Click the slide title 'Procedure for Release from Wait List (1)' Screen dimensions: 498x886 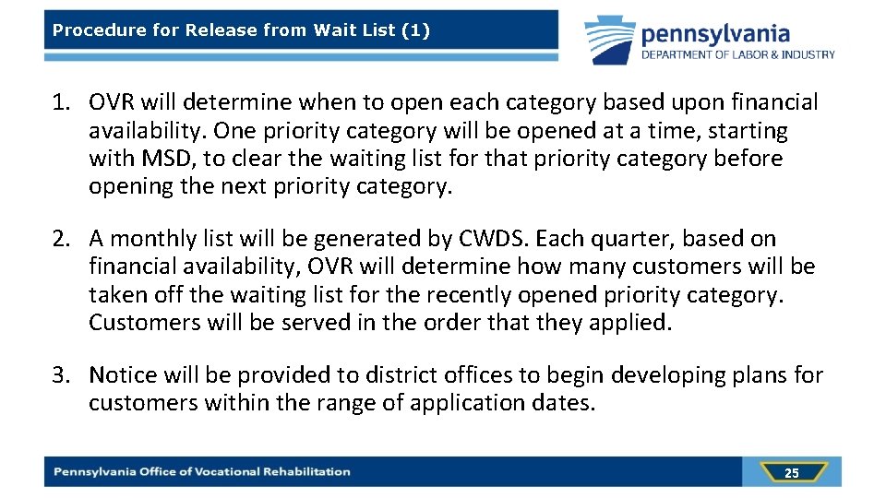pos(241,30)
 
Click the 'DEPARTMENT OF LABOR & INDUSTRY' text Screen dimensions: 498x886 pos(738,54)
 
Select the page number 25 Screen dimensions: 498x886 pos(791,473)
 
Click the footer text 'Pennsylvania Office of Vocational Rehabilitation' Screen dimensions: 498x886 pos(202,472)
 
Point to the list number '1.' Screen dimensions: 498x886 pos(63,102)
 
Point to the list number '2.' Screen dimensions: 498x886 pos(63,239)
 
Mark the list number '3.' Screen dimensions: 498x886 pos(63,375)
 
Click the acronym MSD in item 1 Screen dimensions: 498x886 pos(169,159)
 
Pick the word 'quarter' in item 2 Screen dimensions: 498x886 pos(641,239)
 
